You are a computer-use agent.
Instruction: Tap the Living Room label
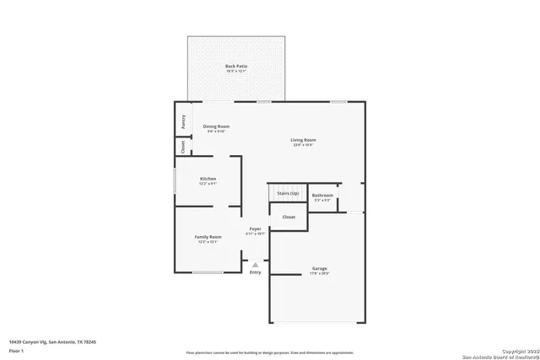[x=304, y=140]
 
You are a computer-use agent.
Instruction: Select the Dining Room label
[x=216, y=126]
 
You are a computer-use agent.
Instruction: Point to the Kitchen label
[x=208, y=179]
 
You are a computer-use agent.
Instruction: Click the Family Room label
[x=208, y=237]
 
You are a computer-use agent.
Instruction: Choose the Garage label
[x=320, y=269]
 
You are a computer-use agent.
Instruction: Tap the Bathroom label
[x=323, y=196]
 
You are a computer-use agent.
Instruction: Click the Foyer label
[x=255, y=228]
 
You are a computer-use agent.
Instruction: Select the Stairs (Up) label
[x=288, y=193]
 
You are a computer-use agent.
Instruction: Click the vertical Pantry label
[x=182, y=121]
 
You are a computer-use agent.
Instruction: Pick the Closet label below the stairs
[x=289, y=217]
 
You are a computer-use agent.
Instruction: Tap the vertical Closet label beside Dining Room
[x=182, y=146]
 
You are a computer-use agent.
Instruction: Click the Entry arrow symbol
[x=255, y=265]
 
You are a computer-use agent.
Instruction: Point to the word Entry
[x=255, y=272]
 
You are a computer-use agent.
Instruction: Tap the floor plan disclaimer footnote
[x=269, y=353]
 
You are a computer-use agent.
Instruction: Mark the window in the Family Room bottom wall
[x=208, y=272]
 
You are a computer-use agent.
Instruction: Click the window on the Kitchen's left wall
[x=175, y=180]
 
